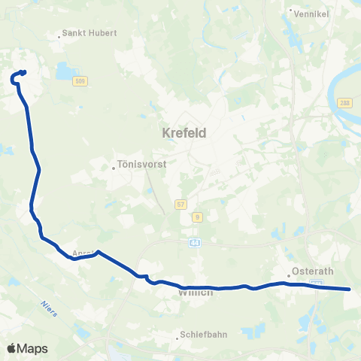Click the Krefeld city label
click(x=184, y=133)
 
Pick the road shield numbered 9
click(x=198, y=217)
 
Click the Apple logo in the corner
click(x=12, y=348)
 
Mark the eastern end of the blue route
click(x=350, y=289)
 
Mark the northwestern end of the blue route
click(x=24, y=72)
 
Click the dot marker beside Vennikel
click(x=290, y=11)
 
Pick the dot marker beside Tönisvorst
click(x=114, y=167)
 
